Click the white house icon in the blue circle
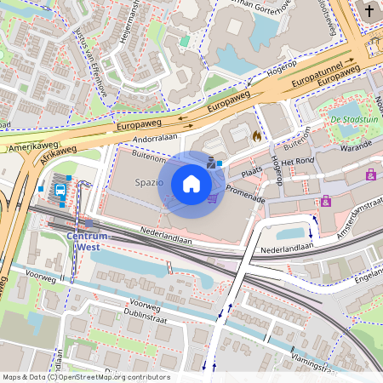coord(191,184)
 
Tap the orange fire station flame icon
coord(255,134)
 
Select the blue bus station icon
coord(61,191)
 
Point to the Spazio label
coord(149,182)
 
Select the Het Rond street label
coord(299,162)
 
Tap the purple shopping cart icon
coord(212,198)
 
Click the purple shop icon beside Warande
coord(370,174)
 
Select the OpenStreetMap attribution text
coord(85,377)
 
